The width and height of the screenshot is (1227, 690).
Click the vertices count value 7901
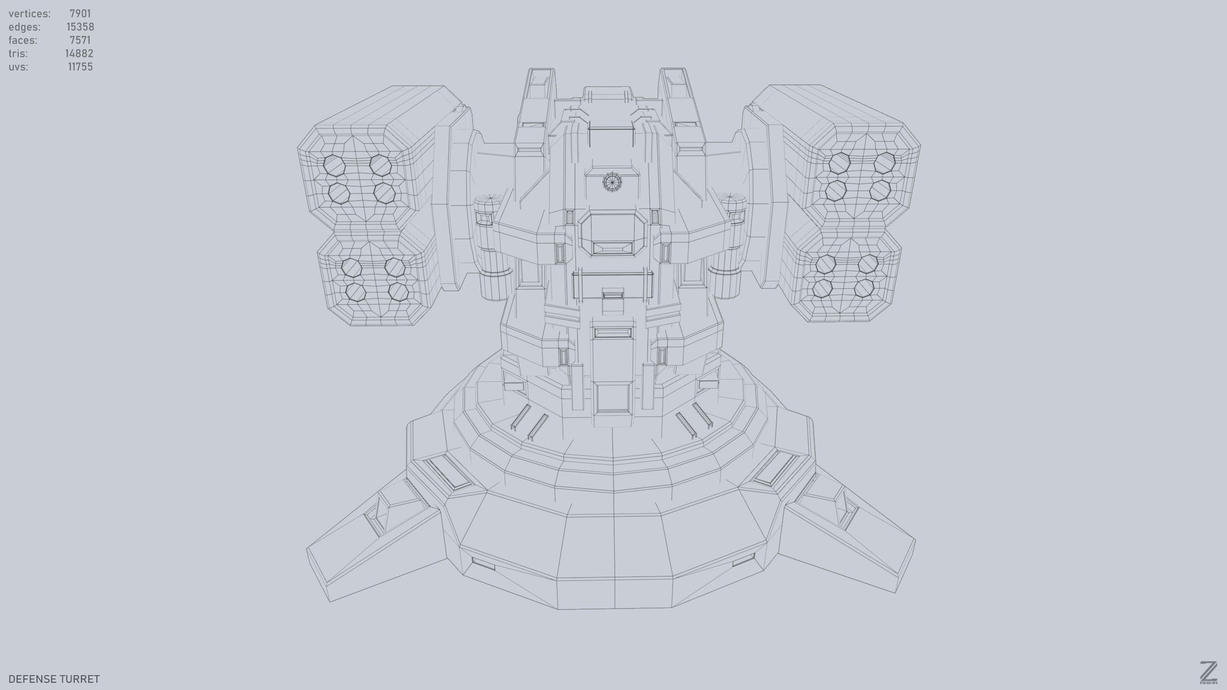80,13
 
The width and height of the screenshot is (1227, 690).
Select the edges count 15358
80,27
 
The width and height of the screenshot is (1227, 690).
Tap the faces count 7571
80,40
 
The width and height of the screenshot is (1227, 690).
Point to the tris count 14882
79,54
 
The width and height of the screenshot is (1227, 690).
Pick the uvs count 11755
80,67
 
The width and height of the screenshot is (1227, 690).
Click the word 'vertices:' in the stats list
29,13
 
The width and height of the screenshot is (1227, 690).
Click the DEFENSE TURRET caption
54,679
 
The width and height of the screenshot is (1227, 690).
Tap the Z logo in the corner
1209,672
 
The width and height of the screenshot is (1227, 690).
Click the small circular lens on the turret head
611,182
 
